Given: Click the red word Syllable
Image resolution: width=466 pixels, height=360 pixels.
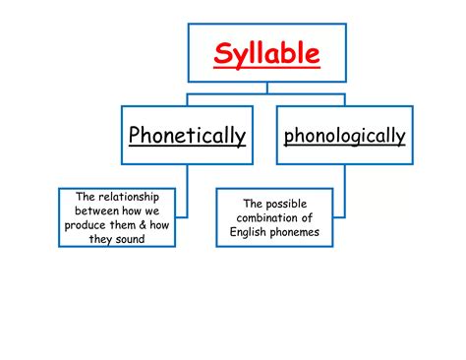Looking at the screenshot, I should click(x=267, y=53).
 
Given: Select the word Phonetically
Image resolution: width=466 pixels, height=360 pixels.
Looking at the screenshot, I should click(x=186, y=136).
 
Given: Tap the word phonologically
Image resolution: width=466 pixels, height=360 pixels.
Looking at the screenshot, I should click(x=344, y=136).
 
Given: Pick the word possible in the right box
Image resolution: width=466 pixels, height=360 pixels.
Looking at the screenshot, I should click(x=290, y=204).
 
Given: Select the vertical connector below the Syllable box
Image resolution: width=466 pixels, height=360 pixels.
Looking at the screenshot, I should click(x=266, y=88).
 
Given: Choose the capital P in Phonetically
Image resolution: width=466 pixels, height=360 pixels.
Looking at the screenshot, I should click(x=135, y=135).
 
